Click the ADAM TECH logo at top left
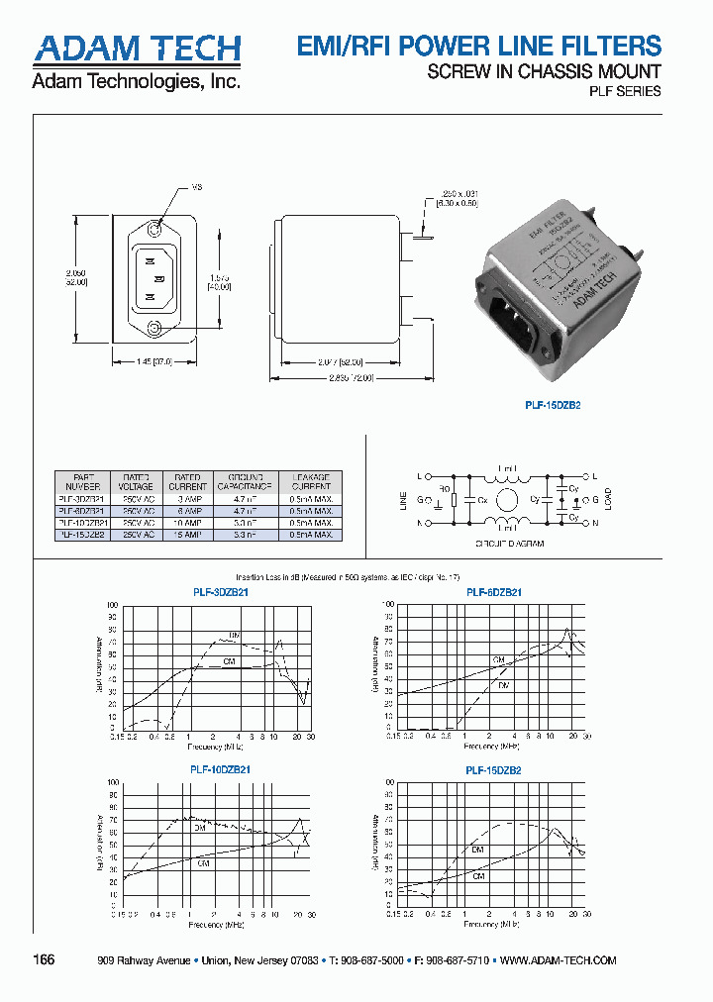coord(137,49)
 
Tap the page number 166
coord(44,960)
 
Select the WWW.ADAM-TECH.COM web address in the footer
coord(560,960)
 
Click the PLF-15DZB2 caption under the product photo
coord(552,404)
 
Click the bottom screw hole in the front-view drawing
coord(153,329)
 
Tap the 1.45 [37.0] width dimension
coord(153,362)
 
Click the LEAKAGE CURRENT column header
coord(311,481)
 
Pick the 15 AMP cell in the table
coord(187,535)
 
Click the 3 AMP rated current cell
coord(187,499)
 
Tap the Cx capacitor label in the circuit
coord(482,501)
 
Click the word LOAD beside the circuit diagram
coord(607,498)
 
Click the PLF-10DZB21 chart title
coord(220,769)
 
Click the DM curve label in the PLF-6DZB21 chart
coord(504,685)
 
